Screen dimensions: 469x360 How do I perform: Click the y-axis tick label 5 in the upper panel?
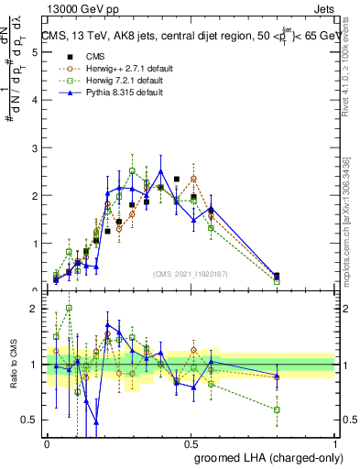point(34,52)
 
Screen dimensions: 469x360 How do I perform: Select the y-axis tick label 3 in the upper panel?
point(34,147)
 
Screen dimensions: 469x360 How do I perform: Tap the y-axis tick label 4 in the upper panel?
point(34,100)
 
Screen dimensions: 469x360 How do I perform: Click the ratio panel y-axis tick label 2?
point(34,309)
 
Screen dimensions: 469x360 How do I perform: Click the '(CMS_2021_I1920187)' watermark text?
point(190,274)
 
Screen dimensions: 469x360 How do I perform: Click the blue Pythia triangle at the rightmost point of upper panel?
point(277,275)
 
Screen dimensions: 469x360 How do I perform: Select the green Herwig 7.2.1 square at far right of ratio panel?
point(277,409)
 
